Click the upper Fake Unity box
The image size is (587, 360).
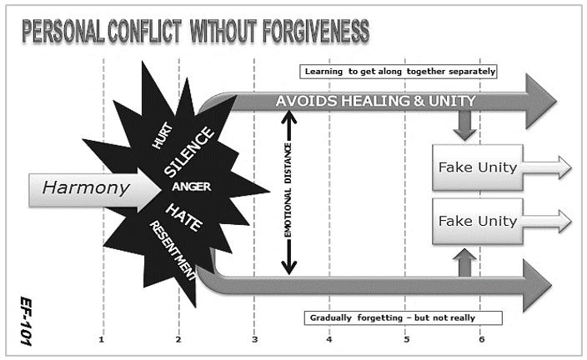[x=478, y=167]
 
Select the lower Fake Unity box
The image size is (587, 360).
[x=478, y=221]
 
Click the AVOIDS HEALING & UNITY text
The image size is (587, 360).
[x=376, y=101]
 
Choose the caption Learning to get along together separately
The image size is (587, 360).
[x=398, y=71]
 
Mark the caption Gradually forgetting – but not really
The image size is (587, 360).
[x=403, y=317]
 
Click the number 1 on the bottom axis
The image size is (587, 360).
[x=102, y=339]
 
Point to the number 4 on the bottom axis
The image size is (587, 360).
[x=329, y=339]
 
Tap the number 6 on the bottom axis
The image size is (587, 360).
[x=481, y=339]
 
